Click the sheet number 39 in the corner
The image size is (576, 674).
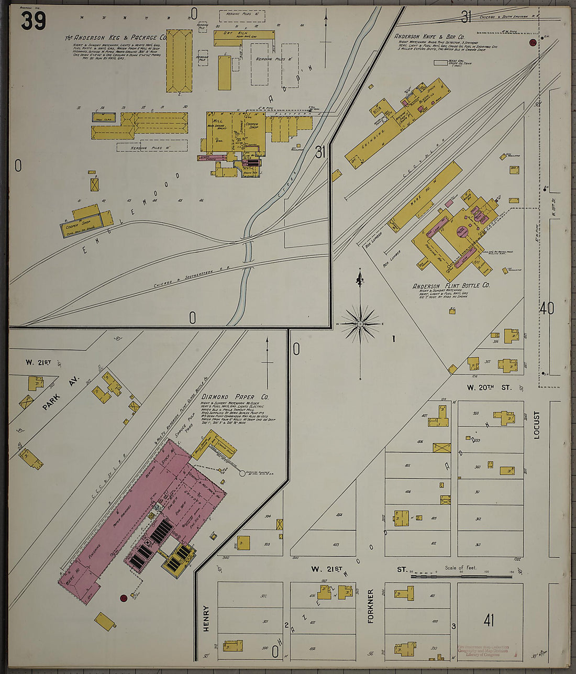click(34, 21)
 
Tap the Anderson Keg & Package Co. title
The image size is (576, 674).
click(116, 38)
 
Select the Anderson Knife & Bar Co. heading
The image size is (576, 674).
click(429, 37)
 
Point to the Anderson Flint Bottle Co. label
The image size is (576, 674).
click(451, 286)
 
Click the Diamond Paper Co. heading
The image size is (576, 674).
click(235, 397)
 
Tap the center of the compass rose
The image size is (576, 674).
click(360, 324)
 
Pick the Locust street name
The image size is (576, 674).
click(536, 424)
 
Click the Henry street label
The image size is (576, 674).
click(206, 618)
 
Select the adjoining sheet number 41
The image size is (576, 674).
click(489, 621)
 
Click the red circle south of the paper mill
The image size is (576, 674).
click(124, 598)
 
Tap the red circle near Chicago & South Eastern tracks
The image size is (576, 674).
click(533, 42)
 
